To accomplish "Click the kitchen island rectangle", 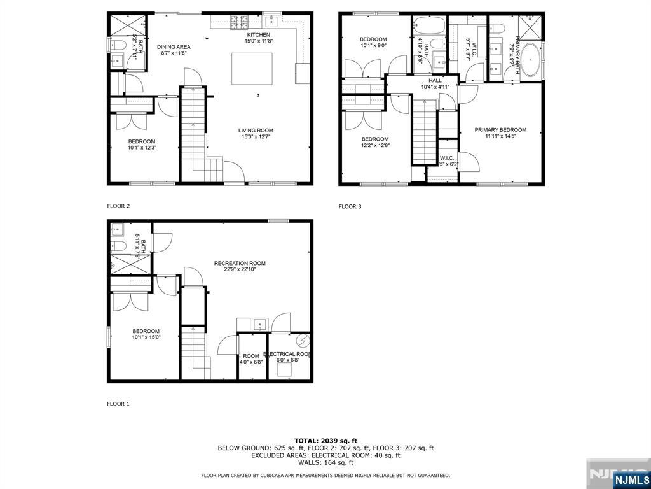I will (252, 68).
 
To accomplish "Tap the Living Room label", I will (257, 131).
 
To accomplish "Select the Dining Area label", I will (174, 47).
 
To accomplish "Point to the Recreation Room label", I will (240, 263).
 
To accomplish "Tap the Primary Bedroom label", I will (500, 130).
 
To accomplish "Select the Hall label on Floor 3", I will (435, 81).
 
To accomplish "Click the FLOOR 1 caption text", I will (118, 404).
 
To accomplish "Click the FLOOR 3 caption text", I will (350, 206).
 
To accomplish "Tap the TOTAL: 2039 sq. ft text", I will (325, 441).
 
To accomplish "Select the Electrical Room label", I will (289, 354).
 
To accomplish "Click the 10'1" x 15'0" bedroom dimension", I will (146, 337).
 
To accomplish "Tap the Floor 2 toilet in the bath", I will (118, 45).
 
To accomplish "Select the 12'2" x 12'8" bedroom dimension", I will (374, 146).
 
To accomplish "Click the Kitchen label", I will (259, 34).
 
